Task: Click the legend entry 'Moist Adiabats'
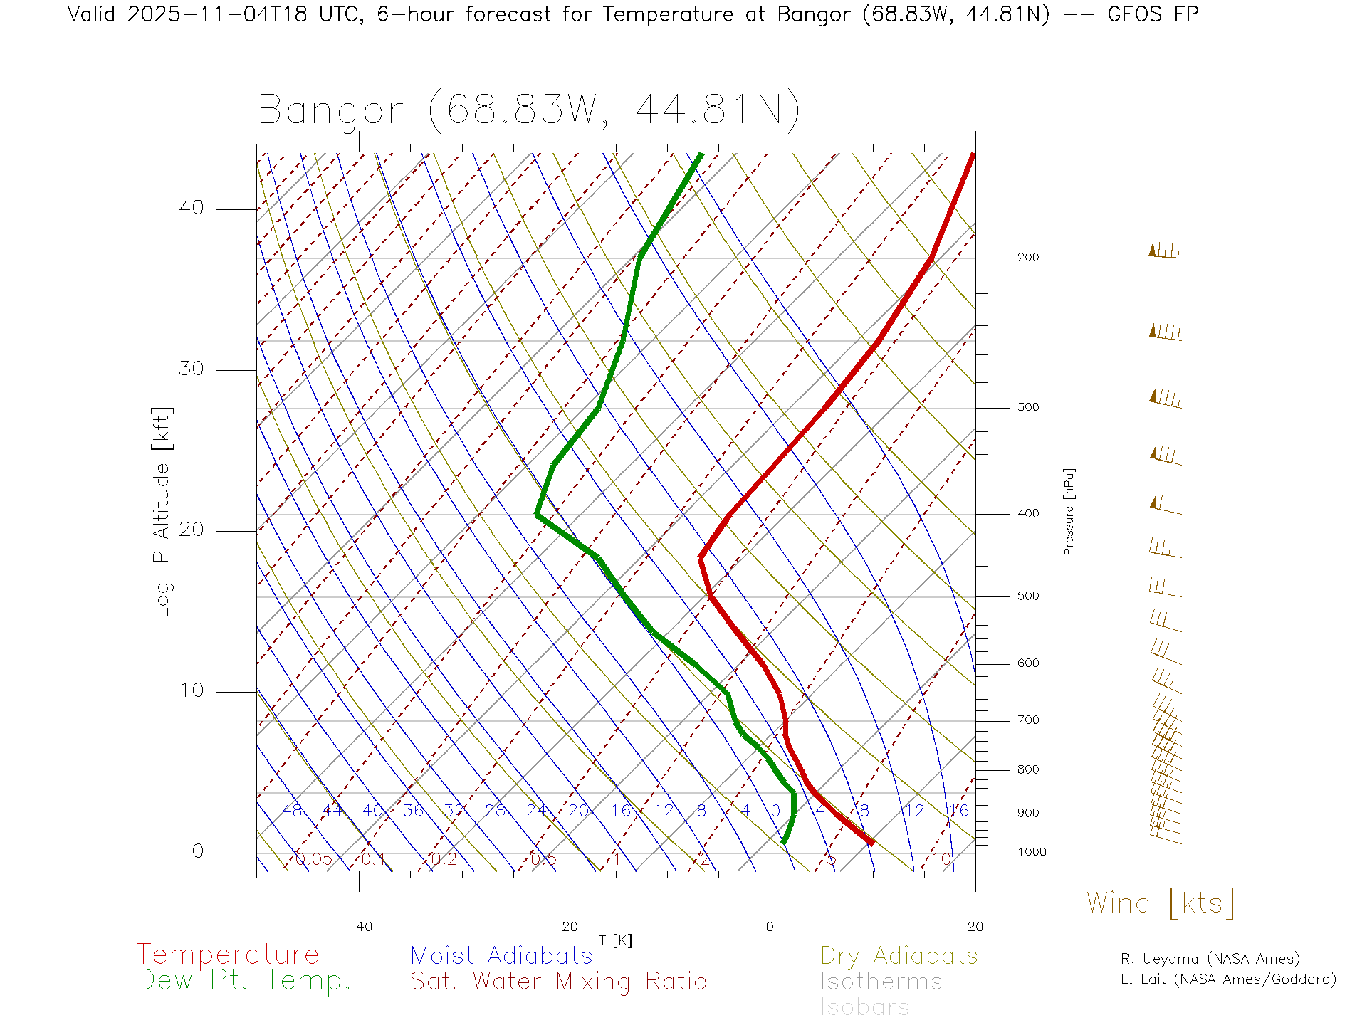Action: point(501,955)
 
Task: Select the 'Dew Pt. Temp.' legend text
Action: point(244,981)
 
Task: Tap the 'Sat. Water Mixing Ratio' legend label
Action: point(558,982)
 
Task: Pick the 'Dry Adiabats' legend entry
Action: point(899,955)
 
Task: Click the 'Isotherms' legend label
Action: point(881,982)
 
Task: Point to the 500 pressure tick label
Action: point(1027,596)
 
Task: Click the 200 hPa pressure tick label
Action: point(1027,257)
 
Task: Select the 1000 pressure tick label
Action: point(1032,852)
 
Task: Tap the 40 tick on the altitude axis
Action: point(191,208)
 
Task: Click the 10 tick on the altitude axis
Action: point(191,690)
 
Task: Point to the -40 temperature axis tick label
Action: point(359,927)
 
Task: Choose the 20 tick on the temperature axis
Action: point(975,927)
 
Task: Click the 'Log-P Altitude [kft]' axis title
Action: point(162,512)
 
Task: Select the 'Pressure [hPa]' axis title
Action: point(1069,511)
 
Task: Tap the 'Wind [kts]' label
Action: point(1161,903)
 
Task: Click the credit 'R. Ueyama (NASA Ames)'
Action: point(1210,959)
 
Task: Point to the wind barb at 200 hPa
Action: point(1165,251)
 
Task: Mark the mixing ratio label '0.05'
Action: point(313,859)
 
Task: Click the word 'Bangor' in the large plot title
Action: point(331,110)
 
